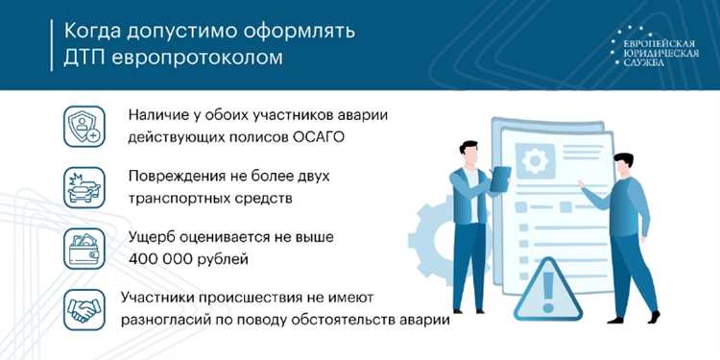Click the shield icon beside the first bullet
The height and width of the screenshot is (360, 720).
[x=84, y=126]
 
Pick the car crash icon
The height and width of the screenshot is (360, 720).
[x=84, y=186]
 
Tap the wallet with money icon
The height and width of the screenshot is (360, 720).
[x=84, y=249]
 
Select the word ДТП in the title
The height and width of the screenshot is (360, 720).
[x=82, y=58]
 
